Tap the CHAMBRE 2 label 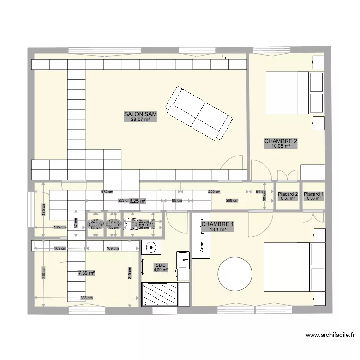(281, 141)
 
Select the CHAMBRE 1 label (218, 224)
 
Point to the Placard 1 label (314, 194)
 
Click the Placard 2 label (288, 194)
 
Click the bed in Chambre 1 (293, 267)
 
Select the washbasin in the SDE (183, 262)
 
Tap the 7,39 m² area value (86, 273)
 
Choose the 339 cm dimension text (86, 298)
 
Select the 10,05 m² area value (281, 146)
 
